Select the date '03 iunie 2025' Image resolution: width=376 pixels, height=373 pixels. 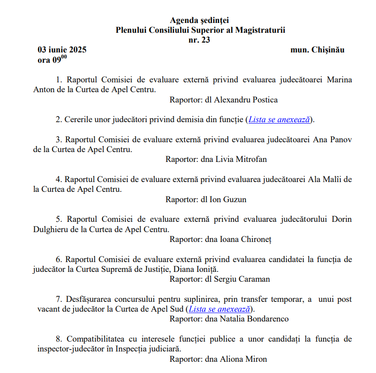coord(62,50)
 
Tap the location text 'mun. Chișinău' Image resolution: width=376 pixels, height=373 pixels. coord(317,50)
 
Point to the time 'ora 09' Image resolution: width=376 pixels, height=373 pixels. coord(52,60)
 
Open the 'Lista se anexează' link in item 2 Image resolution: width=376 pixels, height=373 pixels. coord(279,119)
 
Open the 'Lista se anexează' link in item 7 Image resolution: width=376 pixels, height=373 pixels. coord(219,309)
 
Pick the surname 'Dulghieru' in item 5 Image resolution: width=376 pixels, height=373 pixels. coord(53,230)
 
